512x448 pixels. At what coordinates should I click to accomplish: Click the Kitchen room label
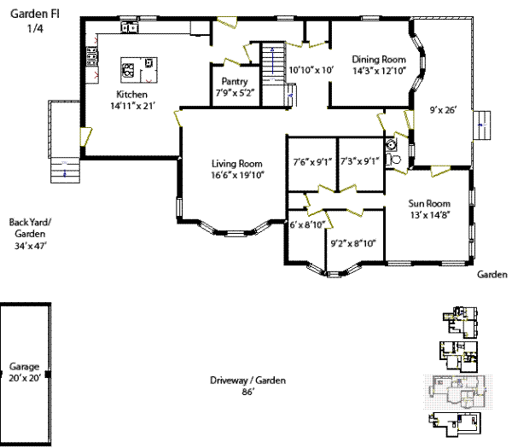click(132, 95)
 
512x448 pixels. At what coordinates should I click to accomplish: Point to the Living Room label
click(236, 164)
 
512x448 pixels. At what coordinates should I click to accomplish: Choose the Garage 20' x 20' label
click(24, 372)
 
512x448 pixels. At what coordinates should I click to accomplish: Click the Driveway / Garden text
click(248, 381)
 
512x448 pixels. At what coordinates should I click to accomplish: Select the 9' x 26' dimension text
click(444, 110)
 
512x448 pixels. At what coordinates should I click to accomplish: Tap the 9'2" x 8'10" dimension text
click(353, 242)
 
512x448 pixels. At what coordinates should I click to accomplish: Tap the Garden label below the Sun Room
click(492, 275)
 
